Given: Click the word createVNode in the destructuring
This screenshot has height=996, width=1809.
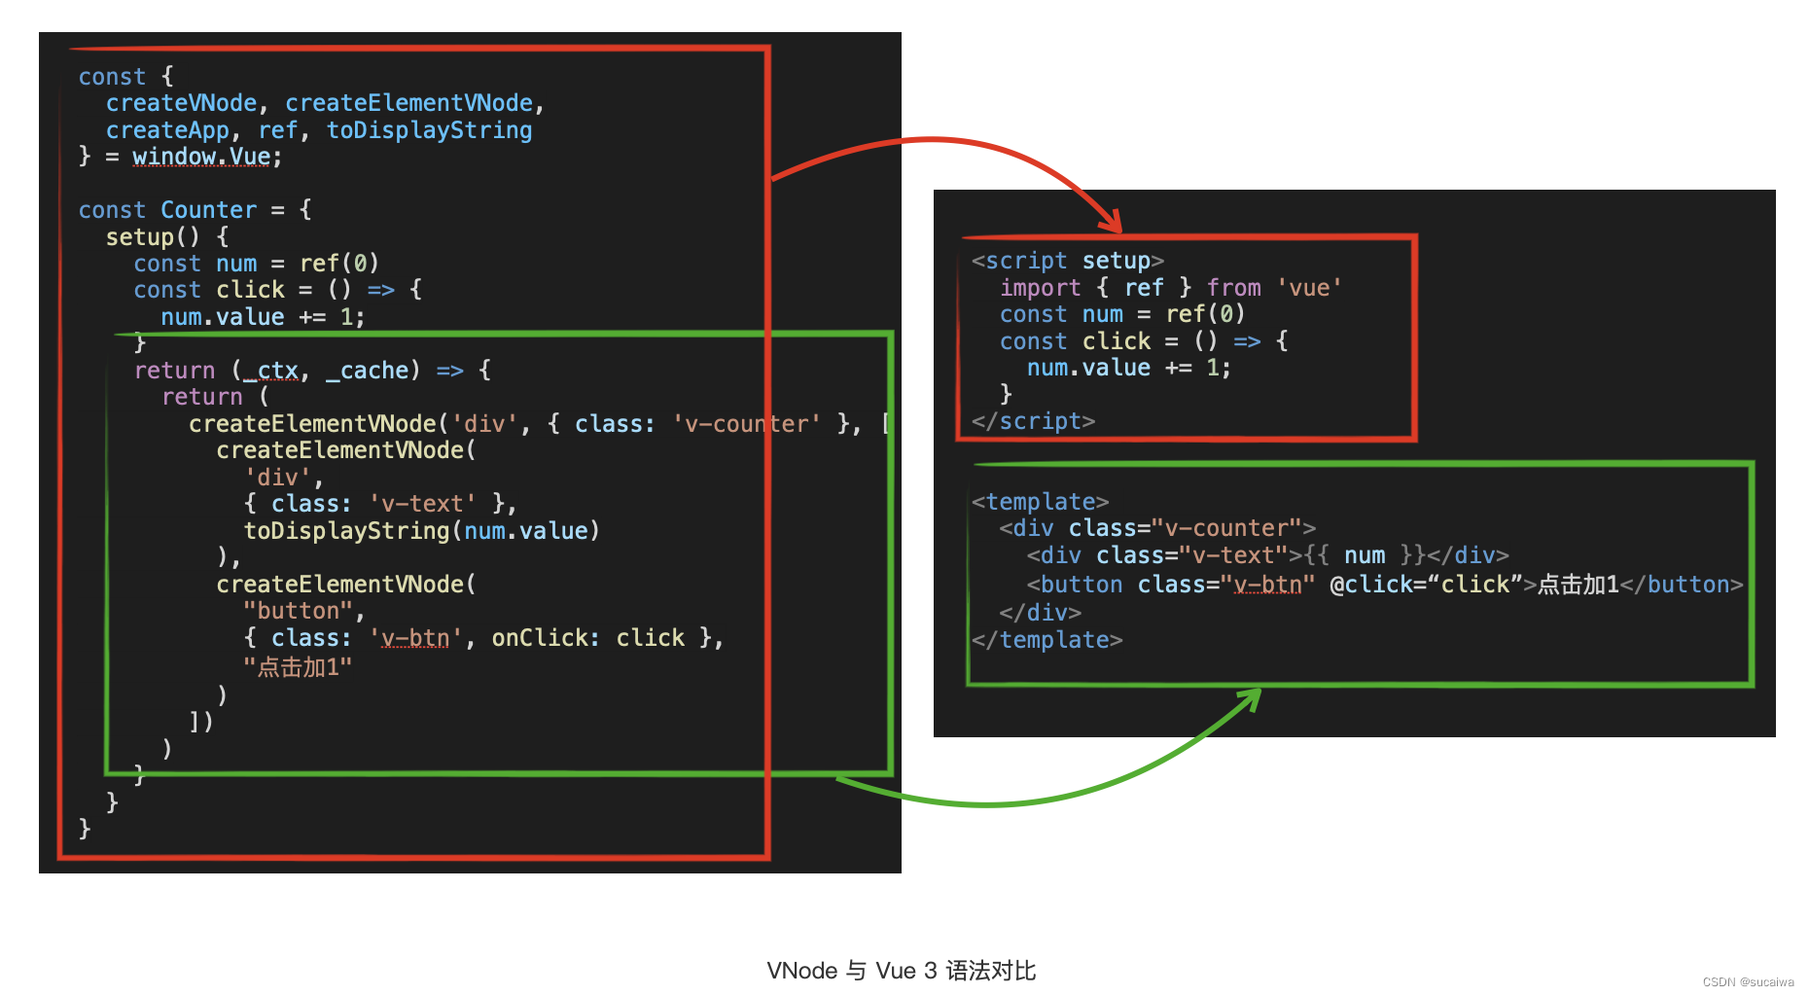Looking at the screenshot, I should (181, 103).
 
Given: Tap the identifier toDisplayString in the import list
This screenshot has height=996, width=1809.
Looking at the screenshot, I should (429, 130).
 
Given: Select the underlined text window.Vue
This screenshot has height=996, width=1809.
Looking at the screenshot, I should (201, 157).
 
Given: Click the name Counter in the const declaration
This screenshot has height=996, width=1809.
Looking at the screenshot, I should (208, 210).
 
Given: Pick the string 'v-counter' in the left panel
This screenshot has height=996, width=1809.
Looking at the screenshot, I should (746, 424).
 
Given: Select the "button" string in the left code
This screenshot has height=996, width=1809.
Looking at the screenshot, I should (298, 611).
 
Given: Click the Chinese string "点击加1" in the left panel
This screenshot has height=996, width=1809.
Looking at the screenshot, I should (298, 667).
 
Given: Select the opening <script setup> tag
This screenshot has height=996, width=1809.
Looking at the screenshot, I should (1067, 261).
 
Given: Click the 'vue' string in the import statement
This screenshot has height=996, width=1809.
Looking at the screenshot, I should (1309, 288).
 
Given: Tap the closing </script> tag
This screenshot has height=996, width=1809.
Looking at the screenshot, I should (1033, 421).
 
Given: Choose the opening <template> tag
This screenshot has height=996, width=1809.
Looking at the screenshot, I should (1040, 502).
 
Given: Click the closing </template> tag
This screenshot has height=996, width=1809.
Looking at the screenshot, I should (1046, 640).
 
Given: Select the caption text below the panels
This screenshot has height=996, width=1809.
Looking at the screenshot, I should (901, 971).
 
